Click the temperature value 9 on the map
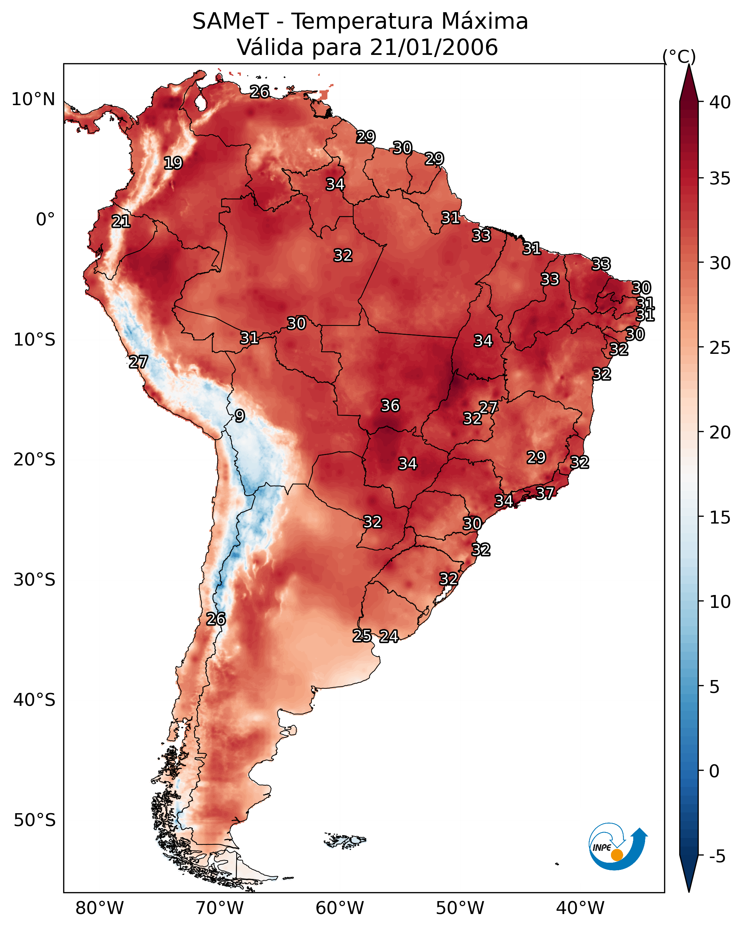[x=239, y=416]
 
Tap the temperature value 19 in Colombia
[x=173, y=163]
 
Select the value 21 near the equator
[x=121, y=222]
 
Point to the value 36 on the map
[x=390, y=406]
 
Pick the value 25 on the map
[x=362, y=636]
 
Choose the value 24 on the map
[x=389, y=637]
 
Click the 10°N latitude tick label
[x=33, y=99]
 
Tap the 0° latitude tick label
[x=45, y=220]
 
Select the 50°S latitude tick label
[x=34, y=820]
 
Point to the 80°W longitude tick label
[x=99, y=908]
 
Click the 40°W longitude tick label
[x=580, y=908]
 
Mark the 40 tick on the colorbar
[x=720, y=102]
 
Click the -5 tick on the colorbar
[x=717, y=857]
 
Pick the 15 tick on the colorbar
[x=720, y=517]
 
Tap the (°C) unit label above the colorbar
[x=679, y=56]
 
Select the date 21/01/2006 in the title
[x=434, y=47]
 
